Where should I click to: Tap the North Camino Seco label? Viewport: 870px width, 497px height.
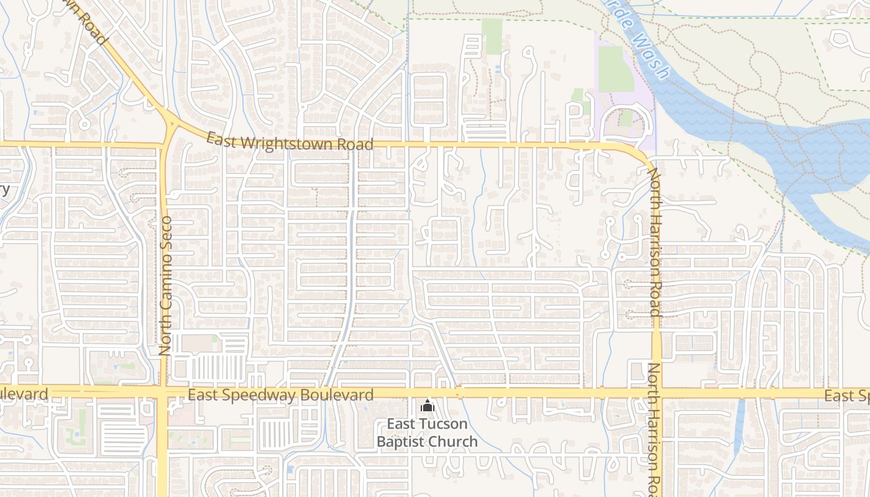point(165,285)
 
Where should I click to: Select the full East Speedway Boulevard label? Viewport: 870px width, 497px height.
point(280,394)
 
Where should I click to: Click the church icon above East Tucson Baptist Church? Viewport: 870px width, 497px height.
point(427,407)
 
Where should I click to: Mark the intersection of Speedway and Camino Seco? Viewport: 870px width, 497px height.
point(162,394)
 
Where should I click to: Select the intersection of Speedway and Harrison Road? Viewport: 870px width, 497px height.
point(657,393)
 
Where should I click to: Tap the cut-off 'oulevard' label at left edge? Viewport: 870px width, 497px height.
point(24,394)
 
